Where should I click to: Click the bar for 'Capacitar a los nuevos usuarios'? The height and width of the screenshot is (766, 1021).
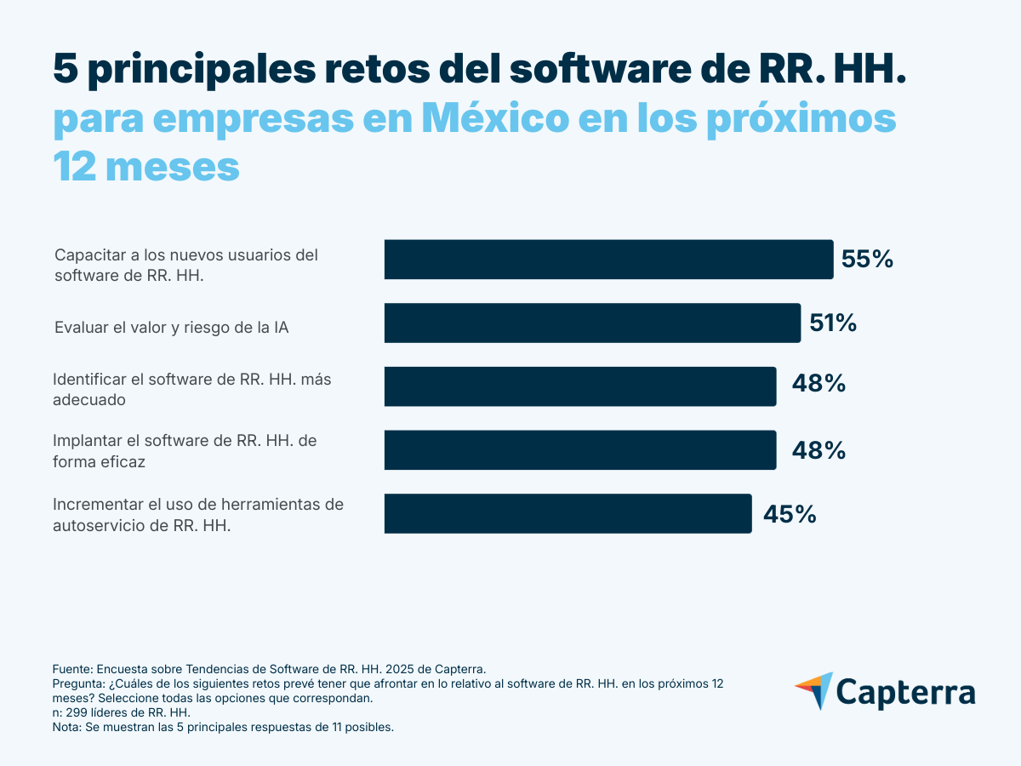tap(608, 260)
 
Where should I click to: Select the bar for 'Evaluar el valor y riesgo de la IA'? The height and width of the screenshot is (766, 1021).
tap(592, 323)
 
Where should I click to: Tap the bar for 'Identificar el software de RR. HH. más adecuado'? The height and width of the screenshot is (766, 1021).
tap(580, 386)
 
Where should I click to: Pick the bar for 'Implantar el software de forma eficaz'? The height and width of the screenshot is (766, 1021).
tap(580, 450)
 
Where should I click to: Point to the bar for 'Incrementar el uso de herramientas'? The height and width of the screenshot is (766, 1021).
tap(568, 513)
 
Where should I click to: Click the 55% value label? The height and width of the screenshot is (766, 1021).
tap(867, 260)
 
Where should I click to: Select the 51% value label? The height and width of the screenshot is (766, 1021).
tap(833, 323)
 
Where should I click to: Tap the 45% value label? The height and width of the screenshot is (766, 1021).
tap(790, 514)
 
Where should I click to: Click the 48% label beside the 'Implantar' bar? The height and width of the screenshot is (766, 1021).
tap(819, 450)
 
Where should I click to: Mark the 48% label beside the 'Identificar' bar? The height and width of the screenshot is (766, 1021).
tap(819, 384)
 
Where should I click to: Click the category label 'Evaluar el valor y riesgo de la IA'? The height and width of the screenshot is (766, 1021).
tap(171, 327)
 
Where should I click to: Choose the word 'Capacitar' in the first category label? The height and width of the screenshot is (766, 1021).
tap(87, 254)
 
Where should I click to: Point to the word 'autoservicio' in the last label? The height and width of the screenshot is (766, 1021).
tap(95, 526)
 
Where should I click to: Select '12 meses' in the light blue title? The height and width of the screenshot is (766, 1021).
tap(146, 167)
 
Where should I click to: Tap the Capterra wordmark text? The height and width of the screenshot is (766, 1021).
tap(906, 691)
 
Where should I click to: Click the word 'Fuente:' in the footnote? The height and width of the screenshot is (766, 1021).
tap(73, 669)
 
